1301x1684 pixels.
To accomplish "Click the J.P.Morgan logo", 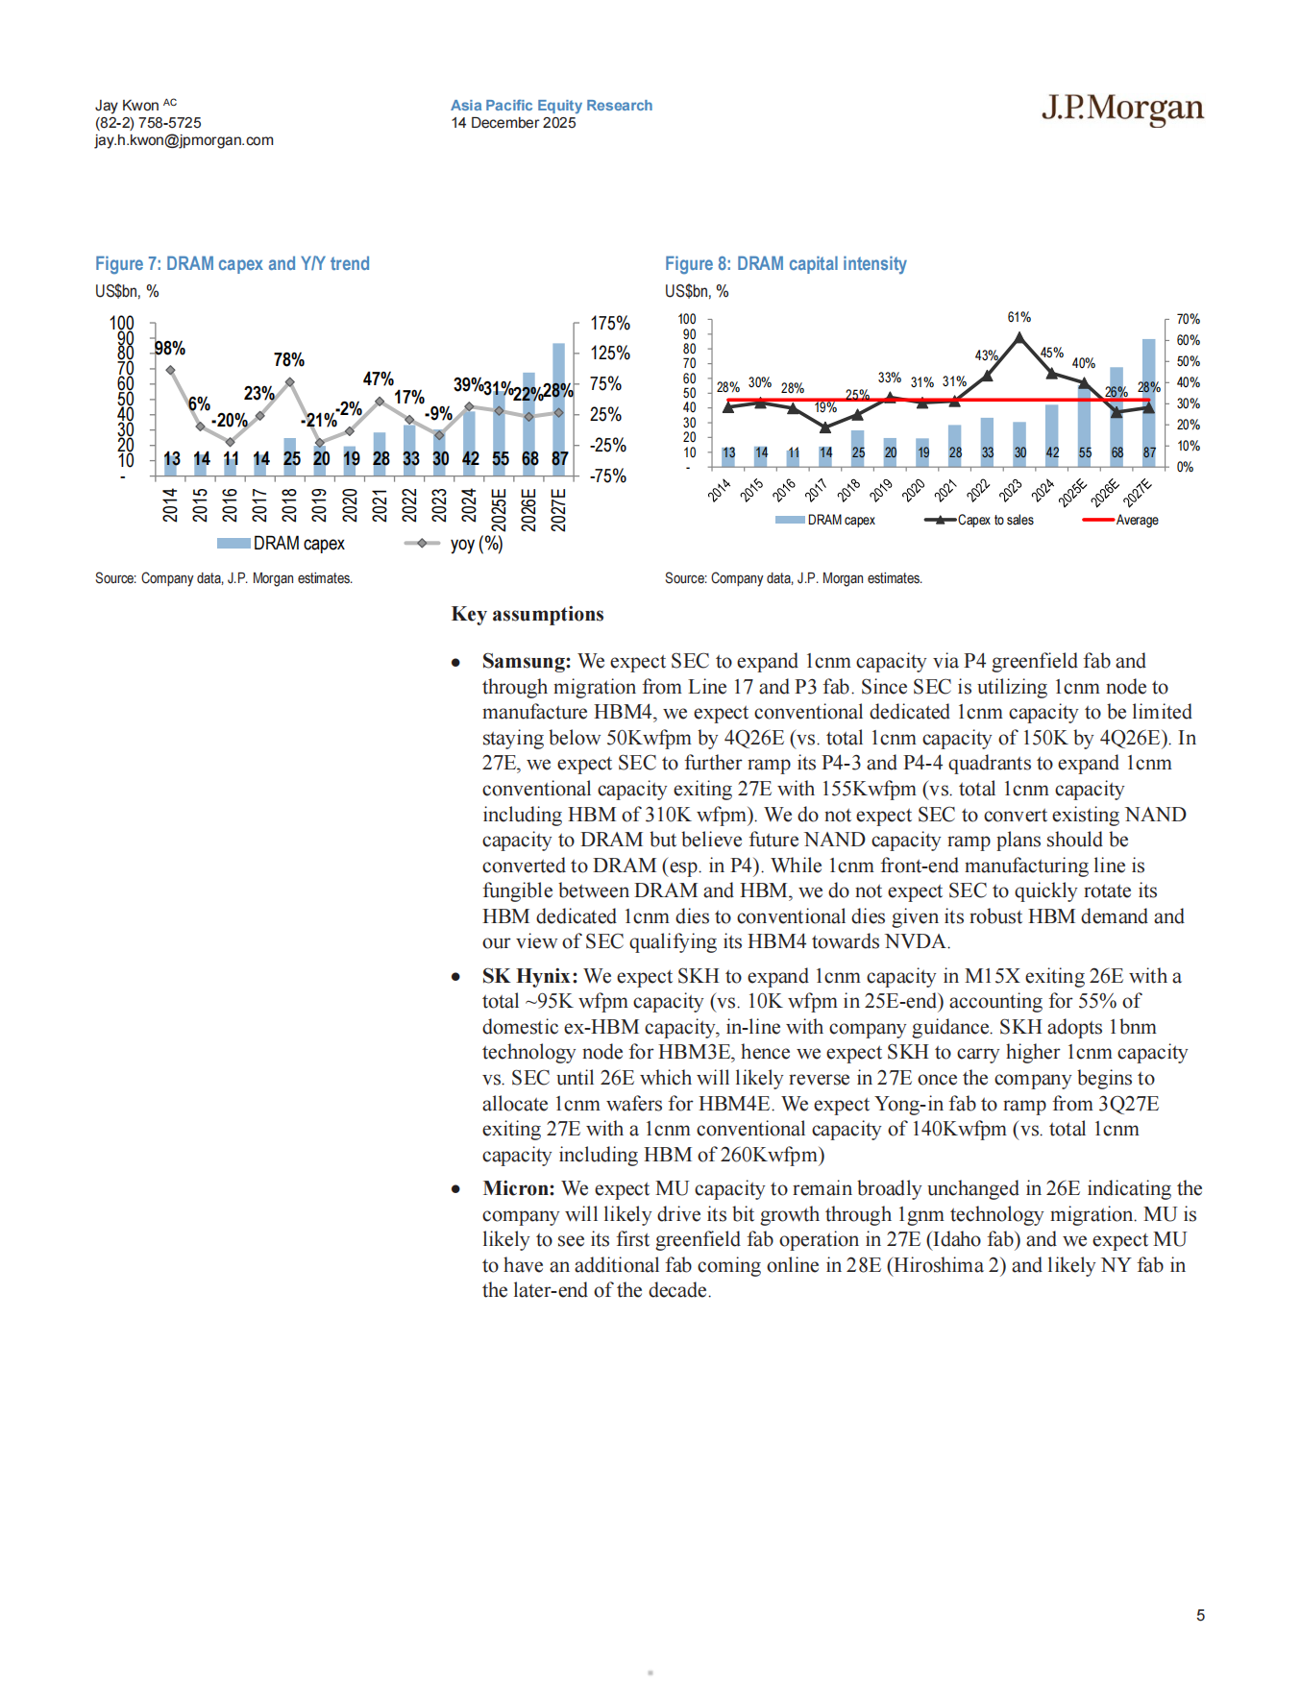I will (x=1121, y=108).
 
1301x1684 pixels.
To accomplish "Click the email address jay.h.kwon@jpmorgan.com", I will (x=184, y=140).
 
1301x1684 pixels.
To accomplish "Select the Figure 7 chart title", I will (x=232, y=264).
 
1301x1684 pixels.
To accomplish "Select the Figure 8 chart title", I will (x=785, y=264).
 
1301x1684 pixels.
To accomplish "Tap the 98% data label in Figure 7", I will (x=170, y=349).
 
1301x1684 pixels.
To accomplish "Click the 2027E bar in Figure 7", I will (x=559, y=403).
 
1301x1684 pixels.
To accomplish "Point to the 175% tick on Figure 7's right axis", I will (x=610, y=324).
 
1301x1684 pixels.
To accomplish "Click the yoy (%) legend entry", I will (x=476, y=544).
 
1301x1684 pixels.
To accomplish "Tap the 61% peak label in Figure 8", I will (x=1019, y=317).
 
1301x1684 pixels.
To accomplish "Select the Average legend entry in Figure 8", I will (x=1137, y=521).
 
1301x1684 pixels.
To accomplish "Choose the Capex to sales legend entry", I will (x=994, y=521).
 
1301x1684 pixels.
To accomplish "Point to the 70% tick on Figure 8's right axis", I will (x=1188, y=319).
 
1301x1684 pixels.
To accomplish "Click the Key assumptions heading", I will (x=528, y=615).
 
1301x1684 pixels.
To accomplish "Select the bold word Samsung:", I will (x=527, y=662).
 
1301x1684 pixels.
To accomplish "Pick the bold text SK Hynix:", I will (x=529, y=977).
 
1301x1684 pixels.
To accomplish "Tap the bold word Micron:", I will (x=519, y=1189).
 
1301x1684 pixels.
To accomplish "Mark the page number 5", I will (x=1200, y=1616).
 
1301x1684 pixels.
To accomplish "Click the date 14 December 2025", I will (x=513, y=123).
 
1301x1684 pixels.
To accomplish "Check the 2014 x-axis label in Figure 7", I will (x=170, y=505).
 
